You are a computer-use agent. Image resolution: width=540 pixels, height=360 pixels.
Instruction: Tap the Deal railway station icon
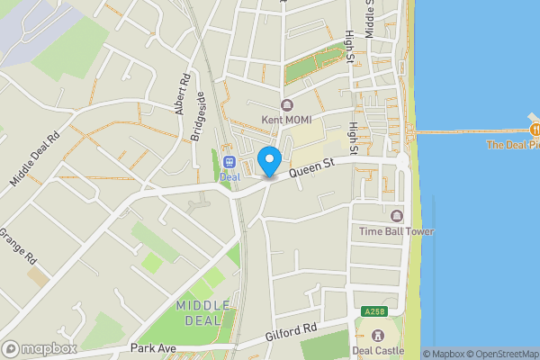(x=229, y=161)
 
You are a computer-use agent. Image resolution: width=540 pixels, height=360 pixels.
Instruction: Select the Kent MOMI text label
(x=285, y=120)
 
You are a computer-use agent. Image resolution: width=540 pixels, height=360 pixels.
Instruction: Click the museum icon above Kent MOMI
(x=286, y=105)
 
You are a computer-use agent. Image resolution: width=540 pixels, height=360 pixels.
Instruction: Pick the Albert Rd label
(x=185, y=91)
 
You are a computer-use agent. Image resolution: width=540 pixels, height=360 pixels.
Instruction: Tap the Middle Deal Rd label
(x=34, y=158)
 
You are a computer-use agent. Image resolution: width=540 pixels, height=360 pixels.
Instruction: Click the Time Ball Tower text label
(x=396, y=231)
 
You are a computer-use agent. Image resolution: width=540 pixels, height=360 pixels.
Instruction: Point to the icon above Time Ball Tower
(x=396, y=216)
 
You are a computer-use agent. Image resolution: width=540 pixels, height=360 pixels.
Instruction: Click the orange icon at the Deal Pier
(x=534, y=130)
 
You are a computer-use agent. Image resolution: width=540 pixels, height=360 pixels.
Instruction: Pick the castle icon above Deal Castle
(x=376, y=336)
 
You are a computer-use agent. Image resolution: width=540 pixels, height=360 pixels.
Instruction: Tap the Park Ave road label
(x=149, y=347)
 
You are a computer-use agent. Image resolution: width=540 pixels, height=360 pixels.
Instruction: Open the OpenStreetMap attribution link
(x=497, y=354)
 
